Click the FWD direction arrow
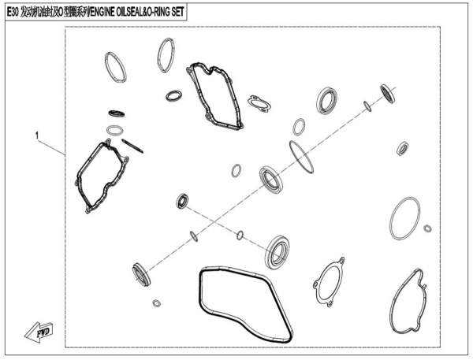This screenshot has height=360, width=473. tap(39, 332)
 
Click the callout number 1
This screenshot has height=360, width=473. tap(37, 135)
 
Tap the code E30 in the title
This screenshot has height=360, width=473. tap(13, 12)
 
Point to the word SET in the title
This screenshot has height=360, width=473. tap(177, 12)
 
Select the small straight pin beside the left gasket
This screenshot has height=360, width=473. tap(132, 146)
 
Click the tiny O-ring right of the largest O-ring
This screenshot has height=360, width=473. tap(427, 228)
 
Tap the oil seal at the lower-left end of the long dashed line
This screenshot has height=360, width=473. tap(141, 275)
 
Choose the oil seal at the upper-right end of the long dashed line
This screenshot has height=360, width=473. tap(388, 94)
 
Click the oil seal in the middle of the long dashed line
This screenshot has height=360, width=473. tap(271, 179)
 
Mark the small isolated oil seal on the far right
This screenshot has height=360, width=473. tap(402, 148)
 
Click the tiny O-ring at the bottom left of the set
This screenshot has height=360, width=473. tap(156, 303)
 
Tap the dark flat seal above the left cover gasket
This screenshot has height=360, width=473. tap(117, 113)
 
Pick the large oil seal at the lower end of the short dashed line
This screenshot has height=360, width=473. tap(277, 252)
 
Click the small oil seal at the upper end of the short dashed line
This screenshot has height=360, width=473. tap(182, 201)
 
